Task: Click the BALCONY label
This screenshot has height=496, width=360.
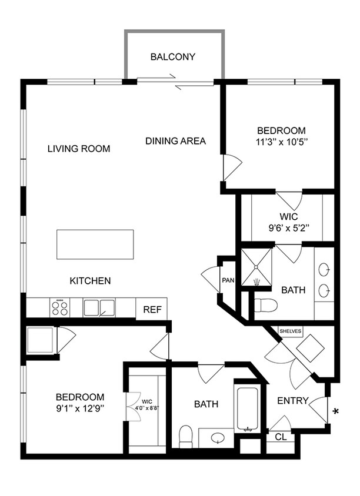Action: coord(172,57)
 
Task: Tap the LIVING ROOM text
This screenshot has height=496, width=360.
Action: coord(79,149)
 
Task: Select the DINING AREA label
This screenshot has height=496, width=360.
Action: coord(175,141)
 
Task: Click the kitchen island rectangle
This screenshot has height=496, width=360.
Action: coord(95,244)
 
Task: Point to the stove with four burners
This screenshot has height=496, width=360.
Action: coord(59,307)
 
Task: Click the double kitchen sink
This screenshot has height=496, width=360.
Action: coord(98,307)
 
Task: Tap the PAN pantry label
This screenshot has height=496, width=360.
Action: coord(228,280)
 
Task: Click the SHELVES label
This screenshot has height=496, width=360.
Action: coord(290,331)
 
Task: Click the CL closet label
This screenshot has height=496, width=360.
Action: coord(281,437)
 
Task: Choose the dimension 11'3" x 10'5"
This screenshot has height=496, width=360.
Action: coord(281,142)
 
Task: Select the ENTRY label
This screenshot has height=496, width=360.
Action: coord(293,401)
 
